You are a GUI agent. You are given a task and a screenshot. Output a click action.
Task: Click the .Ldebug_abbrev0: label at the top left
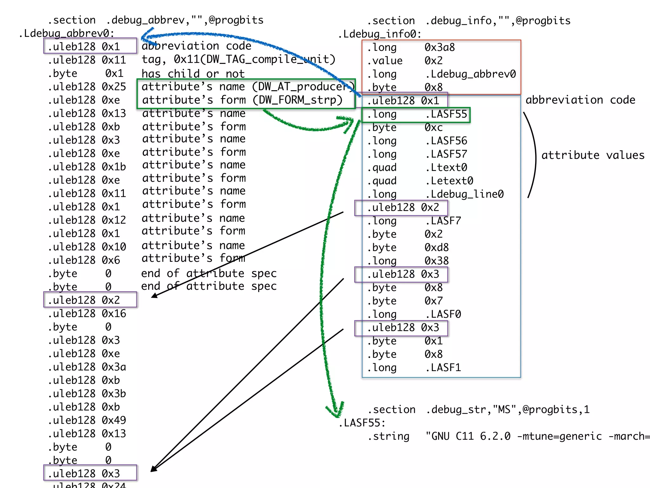(x=67, y=33)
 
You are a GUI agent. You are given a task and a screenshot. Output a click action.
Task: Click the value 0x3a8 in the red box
(x=440, y=47)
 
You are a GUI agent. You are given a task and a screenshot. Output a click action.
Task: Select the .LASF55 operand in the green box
(x=446, y=114)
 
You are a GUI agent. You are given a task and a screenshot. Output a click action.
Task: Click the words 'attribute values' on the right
(x=593, y=155)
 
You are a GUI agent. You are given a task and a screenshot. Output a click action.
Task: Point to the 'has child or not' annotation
(x=193, y=74)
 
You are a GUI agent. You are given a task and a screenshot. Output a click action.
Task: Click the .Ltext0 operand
(x=446, y=167)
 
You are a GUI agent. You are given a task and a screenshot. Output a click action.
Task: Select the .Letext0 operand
(x=449, y=181)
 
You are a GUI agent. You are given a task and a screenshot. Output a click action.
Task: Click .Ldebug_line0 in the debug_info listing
(x=464, y=194)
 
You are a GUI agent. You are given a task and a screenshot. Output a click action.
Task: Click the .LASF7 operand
(x=443, y=221)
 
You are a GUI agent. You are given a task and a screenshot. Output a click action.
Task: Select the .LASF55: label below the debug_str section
(x=362, y=423)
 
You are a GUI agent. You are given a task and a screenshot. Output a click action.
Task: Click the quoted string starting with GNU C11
(x=536, y=436)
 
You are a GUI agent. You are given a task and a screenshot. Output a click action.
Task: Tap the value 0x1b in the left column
(x=114, y=167)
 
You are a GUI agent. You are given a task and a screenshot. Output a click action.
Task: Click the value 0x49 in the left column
(x=114, y=420)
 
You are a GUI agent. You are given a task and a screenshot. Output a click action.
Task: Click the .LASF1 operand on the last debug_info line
(x=443, y=368)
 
